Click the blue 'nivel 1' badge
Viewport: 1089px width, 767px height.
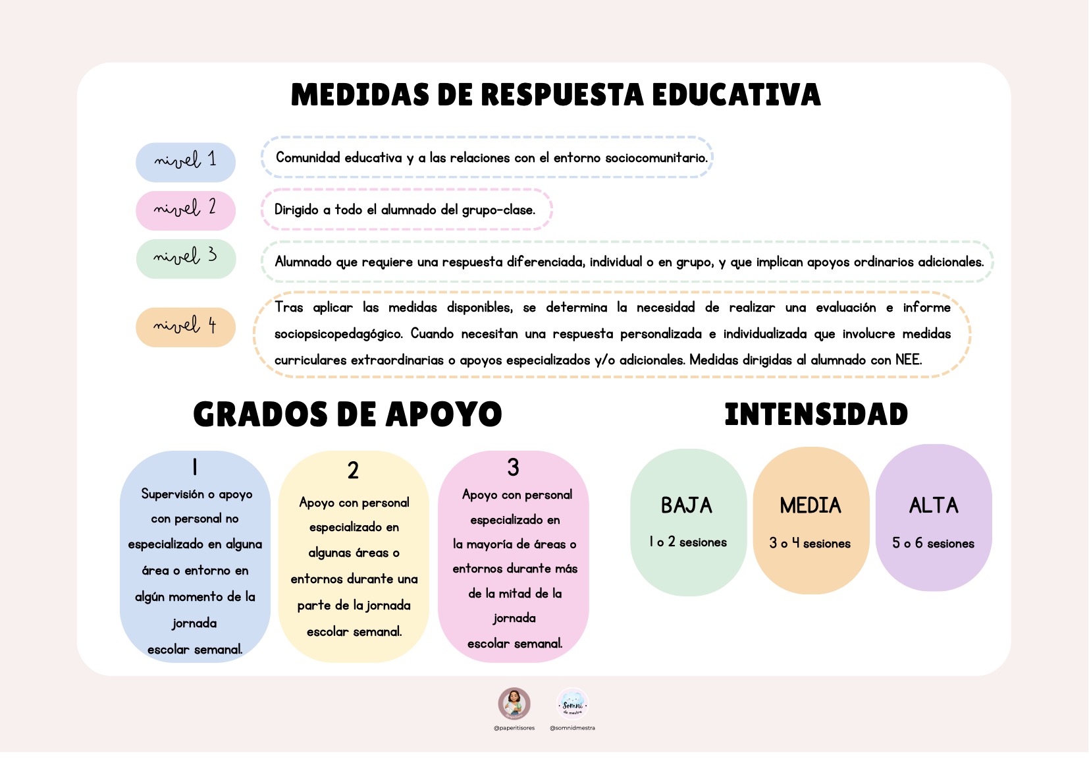click(x=185, y=161)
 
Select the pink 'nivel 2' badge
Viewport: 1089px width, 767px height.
click(x=185, y=210)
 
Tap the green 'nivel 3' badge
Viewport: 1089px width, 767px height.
click(x=185, y=258)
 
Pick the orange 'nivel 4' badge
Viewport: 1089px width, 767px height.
click(x=185, y=327)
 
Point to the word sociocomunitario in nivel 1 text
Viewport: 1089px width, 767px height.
click(x=656, y=158)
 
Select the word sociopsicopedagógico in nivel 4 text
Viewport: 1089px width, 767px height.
click(x=338, y=334)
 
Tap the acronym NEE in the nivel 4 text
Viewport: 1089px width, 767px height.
click(x=907, y=360)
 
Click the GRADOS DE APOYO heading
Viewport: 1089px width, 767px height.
click(x=348, y=414)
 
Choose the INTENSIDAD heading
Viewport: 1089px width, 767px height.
click(x=816, y=414)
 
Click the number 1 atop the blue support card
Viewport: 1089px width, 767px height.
click(x=195, y=467)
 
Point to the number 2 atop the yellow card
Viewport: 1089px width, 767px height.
click(x=354, y=470)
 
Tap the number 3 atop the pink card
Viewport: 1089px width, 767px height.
click(x=514, y=468)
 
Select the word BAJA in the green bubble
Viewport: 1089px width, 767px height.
click(x=687, y=505)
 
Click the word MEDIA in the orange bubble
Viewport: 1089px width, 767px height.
click(x=810, y=505)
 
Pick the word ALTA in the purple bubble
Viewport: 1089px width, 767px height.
click(x=934, y=505)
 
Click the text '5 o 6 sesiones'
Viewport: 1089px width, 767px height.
click(x=933, y=544)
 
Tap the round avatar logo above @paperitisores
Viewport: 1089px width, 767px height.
click(x=514, y=704)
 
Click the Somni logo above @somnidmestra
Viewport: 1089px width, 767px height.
click(x=572, y=704)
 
